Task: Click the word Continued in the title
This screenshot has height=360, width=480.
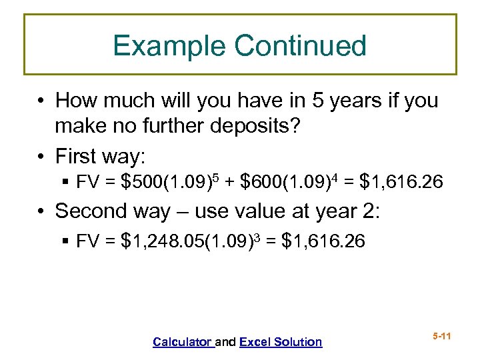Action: (x=301, y=46)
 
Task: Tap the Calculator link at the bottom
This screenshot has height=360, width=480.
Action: (x=182, y=342)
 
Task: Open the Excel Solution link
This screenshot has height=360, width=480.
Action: (x=280, y=342)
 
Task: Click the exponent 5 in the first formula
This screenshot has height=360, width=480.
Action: (x=219, y=176)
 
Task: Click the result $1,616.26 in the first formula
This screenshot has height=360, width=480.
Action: (x=401, y=181)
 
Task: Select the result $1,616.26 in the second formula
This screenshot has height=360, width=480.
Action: (x=324, y=241)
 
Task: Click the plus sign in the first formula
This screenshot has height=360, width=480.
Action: (x=231, y=182)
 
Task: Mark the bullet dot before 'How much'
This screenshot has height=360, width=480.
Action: (x=41, y=101)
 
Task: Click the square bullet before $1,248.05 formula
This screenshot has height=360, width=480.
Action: (x=65, y=241)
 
